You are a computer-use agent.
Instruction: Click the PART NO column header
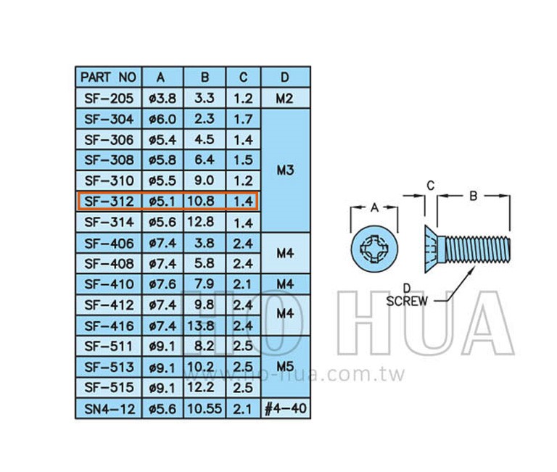108,77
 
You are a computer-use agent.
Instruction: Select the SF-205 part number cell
109,98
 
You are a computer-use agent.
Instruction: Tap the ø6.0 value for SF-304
162,119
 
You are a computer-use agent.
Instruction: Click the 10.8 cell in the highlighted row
201,202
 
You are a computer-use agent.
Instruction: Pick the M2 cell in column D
284,99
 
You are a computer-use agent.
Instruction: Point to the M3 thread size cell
285,170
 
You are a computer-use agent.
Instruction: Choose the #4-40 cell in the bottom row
285,408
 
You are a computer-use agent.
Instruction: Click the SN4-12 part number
110,409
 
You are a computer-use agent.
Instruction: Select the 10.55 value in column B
205,409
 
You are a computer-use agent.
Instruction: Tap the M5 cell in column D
285,366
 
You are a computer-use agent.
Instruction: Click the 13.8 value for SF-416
201,326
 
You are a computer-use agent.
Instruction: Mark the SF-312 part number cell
109,202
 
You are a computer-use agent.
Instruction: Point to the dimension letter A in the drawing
374,207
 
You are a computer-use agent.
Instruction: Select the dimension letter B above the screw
473,196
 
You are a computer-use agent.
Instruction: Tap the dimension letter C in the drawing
431,186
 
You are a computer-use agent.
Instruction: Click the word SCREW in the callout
407,301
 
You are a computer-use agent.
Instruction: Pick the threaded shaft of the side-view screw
478,250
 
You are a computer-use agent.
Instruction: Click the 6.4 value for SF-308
205,160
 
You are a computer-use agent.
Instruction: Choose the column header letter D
285,77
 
